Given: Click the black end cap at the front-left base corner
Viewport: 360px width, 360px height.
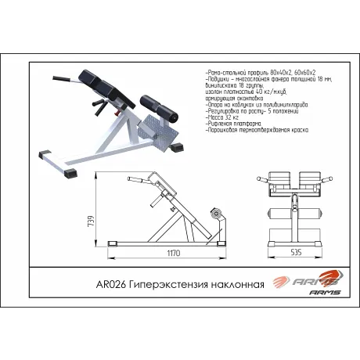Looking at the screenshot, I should [70, 172].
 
